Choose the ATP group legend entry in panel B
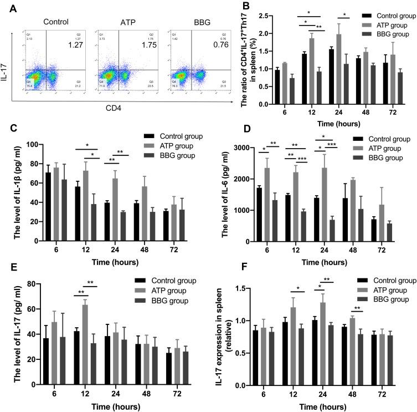click(x=382, y=25)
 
